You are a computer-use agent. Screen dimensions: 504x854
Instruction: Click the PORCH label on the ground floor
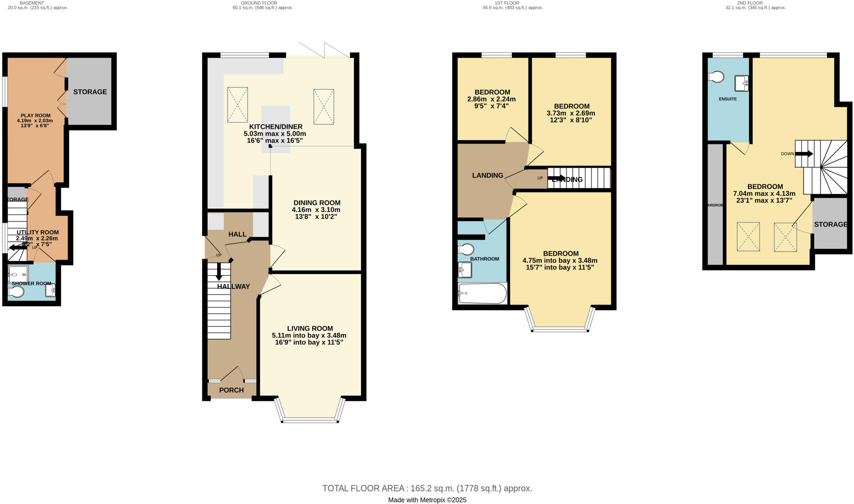(x=231, y=390)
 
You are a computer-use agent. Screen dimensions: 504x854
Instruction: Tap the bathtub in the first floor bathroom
(x=482, y=294)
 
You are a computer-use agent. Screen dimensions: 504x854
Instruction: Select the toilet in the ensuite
(x=716, y=77)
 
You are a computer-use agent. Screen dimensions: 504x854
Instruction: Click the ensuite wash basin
(x=741, y=83)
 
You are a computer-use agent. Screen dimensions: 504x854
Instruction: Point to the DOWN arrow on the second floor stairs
(x=804, y=154)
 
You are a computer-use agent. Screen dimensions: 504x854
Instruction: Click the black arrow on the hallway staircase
(x=219, y=272)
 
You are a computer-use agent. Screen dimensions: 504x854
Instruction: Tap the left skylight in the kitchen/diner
(x=237, y=105)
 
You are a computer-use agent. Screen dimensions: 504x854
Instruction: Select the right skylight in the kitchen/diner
(x=324, y=106)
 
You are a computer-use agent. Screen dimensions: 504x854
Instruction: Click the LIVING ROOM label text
(x=310, y=328)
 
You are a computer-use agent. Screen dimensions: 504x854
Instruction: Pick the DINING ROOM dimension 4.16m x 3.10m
(x=316, y=210)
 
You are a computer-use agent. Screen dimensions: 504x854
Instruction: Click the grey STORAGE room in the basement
(x=90, y=92)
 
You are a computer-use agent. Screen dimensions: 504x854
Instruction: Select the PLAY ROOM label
(x=35, y=116)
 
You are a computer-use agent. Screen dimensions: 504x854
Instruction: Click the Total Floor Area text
(x=427, y=488)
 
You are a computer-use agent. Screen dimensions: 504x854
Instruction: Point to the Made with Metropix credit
(x=427, y=500)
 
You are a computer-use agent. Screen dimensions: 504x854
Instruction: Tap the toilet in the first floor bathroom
(x=466, y=249)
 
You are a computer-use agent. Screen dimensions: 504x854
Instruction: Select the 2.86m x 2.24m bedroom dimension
(x=491, y=99)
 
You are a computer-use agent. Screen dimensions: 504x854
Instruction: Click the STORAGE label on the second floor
(x=830, y=224)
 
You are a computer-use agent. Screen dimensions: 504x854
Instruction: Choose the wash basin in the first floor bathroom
(x=465, y=270)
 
